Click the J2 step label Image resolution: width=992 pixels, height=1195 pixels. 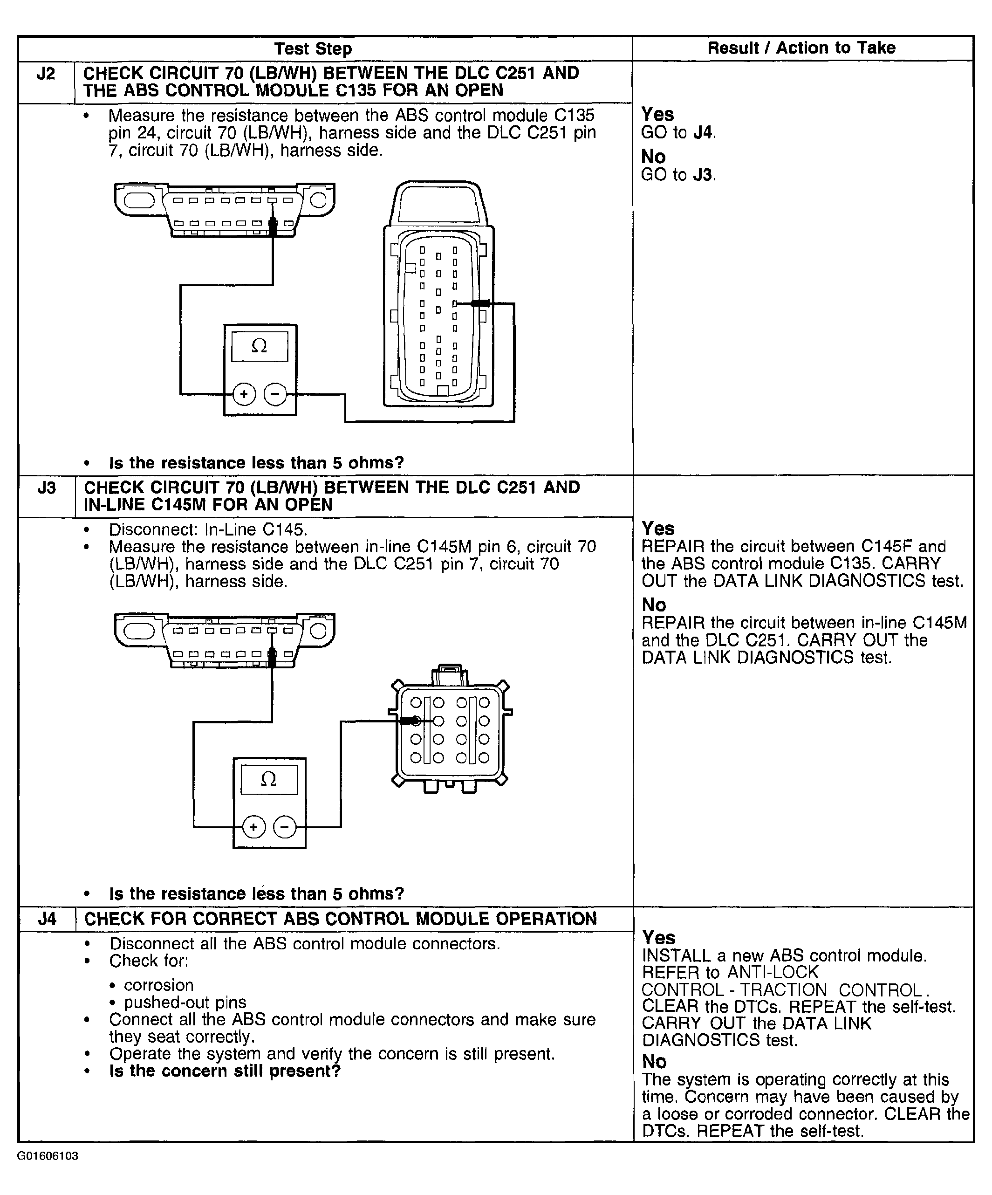tap(46, 74)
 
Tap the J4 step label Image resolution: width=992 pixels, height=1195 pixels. tap(47, 920)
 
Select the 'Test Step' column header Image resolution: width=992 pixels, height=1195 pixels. tap(313, 48)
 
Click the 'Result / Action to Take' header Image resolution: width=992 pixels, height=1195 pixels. tap(801, 48)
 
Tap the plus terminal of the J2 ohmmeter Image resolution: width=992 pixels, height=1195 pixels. tap(244, 394)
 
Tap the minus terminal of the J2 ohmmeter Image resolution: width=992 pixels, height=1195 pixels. tap(275, 394)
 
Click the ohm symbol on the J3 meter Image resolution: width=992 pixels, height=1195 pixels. tap(268, 779)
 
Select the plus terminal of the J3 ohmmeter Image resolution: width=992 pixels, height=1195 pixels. tap(253, 827)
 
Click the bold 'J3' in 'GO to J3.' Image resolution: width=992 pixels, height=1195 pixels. tap(703, 175)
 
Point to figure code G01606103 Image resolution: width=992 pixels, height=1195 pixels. tap(48, 1156)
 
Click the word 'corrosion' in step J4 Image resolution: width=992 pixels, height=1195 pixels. tap(159, 985)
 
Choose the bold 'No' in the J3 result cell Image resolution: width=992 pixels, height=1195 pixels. tap(654, 605)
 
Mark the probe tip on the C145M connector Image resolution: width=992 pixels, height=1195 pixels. tap(415, 721)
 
